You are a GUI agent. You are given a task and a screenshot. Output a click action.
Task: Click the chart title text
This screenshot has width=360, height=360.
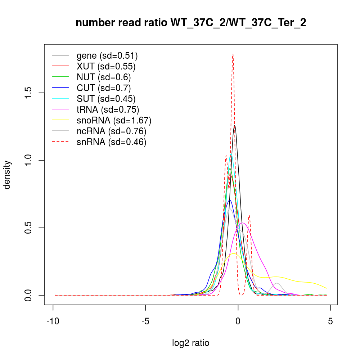pos(191,23)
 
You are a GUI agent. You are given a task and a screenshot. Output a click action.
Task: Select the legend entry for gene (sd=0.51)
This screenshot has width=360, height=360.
pos(107,55)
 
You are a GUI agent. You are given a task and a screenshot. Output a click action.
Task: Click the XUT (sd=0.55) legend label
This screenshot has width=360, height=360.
pos(106,66)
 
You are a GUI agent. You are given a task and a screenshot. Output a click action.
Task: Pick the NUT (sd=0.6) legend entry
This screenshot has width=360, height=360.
pos(104,77)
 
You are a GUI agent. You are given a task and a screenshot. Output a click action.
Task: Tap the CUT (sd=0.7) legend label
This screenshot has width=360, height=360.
pos(104,88)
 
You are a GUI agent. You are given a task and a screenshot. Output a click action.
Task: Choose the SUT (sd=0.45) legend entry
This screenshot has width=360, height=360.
pos(106,99)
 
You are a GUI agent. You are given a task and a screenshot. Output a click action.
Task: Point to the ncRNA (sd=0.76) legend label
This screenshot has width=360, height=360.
pos(111,131)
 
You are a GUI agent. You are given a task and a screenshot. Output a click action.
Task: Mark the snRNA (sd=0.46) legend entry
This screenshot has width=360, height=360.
pos(111,142)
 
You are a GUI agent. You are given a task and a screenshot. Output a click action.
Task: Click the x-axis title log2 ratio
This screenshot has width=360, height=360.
pos(191,343)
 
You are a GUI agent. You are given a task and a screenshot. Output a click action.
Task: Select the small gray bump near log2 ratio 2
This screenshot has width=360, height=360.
pos(277,283)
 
